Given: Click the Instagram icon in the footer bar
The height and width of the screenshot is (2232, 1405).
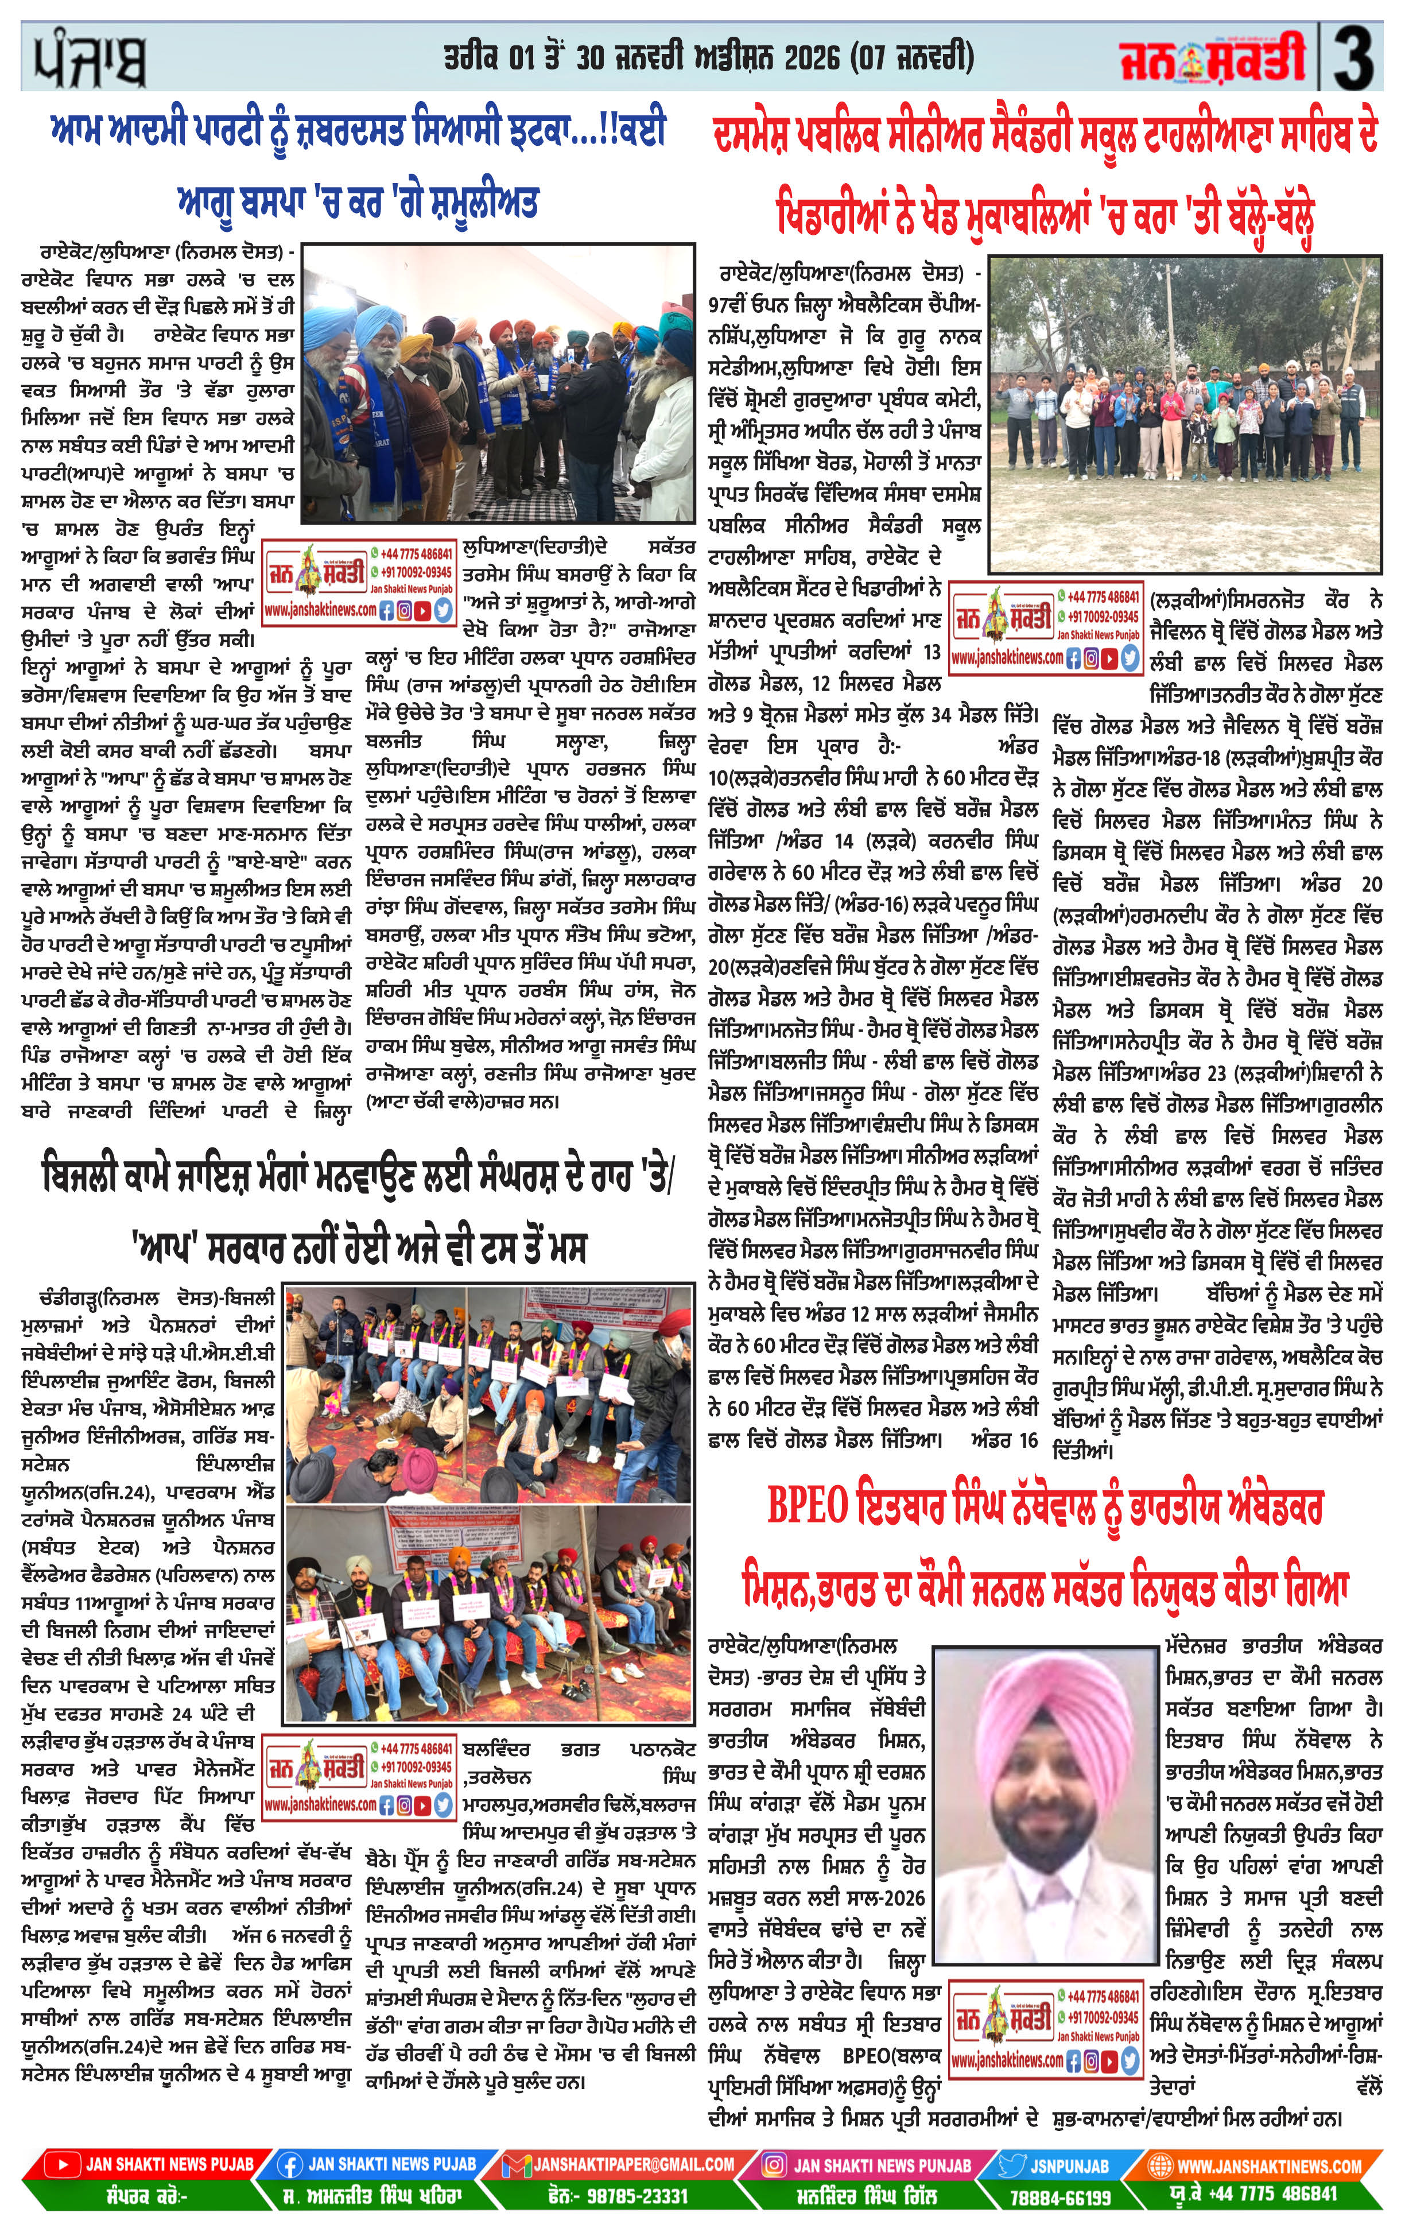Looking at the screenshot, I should [774, 2165].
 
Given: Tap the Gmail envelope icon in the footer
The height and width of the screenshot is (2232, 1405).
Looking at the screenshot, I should [516, 2165].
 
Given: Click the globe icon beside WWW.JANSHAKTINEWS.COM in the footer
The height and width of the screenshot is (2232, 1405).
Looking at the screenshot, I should [1158, 2165].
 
